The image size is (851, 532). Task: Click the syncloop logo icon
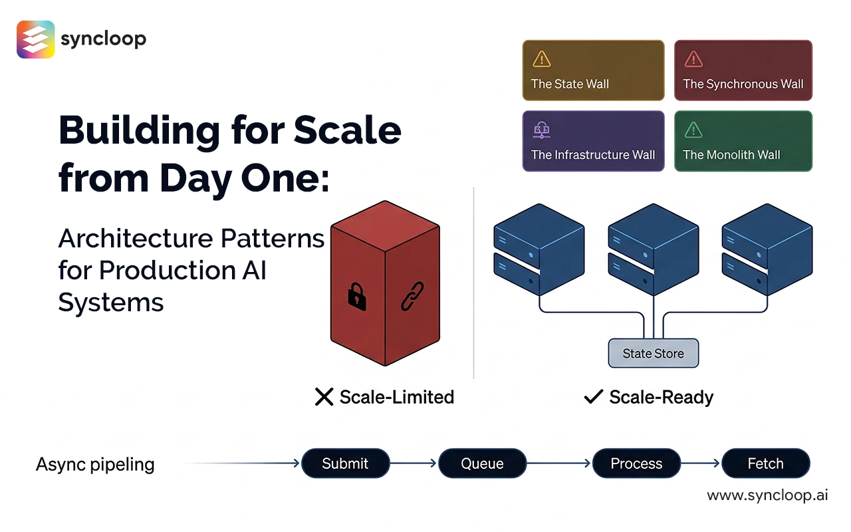(35, 39)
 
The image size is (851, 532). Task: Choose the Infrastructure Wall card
(593, 141)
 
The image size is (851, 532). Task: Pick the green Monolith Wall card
(743, 141)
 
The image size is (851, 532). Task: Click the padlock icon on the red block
(357, 295)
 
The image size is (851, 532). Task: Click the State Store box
(654, 353)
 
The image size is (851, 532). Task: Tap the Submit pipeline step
(345, 464)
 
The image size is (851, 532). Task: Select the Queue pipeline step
(482, 464)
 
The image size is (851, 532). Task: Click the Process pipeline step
(636, 464)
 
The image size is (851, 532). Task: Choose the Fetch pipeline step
(765, 464)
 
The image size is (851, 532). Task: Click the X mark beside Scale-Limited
(324, 398)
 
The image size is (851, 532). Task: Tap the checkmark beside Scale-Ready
(592, 398)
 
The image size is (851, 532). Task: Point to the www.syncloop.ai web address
(767, 495)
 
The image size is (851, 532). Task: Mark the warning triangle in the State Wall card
(542, 59)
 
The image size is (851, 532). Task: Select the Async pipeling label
(95, 464)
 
